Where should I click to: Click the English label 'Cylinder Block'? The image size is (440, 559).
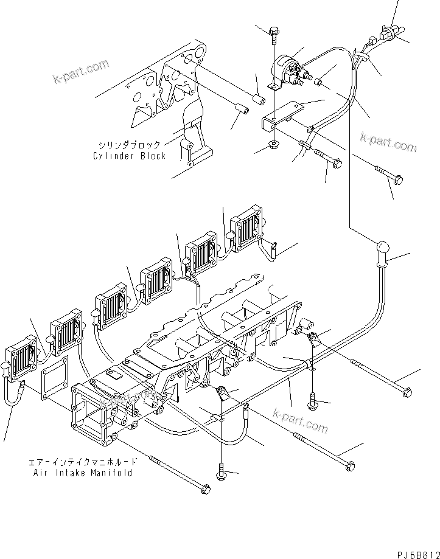pos(129,156)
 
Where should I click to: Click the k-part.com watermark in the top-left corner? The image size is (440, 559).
pos(81,71)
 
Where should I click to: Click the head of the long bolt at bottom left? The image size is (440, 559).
pos(206,488)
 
